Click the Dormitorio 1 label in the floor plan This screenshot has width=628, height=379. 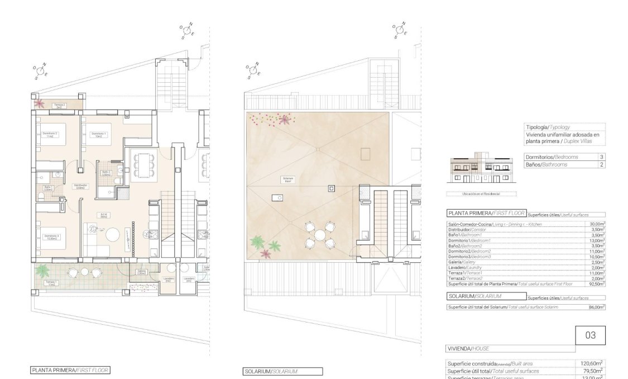[x=98, y=135]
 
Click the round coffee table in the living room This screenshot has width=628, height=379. [x=113, y=234]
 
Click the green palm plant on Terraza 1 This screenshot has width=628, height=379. [x=42, y=270]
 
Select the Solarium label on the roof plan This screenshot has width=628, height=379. [x=289, y=180]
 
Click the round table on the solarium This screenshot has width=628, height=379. [x=319, y=235]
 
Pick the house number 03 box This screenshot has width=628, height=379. [x=590, y=335]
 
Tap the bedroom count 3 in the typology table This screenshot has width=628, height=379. [x=601, y=157]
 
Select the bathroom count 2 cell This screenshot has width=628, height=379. [x=601, y=164]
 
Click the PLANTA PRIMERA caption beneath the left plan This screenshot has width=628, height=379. [x=70, y=370]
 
